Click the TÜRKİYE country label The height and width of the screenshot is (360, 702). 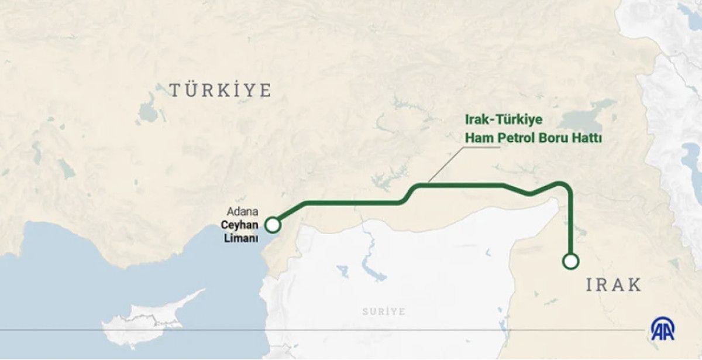221,90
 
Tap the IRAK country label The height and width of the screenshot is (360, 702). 614,285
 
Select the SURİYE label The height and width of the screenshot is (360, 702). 383,311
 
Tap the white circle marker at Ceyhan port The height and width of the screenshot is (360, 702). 272,225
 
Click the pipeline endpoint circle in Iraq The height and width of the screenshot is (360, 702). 570,261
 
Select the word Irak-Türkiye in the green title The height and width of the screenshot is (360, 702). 504,120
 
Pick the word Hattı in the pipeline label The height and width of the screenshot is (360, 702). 587,139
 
